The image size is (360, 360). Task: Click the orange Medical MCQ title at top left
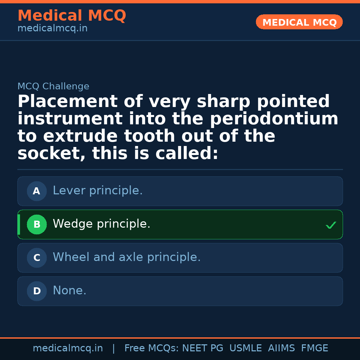coord(72,16)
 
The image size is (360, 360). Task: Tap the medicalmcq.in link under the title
coord(52,29)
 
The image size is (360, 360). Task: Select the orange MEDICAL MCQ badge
coord(299,22)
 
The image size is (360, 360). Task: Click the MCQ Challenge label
coord(53,87)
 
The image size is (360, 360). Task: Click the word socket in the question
coord(51,154)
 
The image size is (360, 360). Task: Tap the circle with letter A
coord(37,191)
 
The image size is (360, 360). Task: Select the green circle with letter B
coord(37,225)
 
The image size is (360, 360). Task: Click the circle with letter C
coord(37,258)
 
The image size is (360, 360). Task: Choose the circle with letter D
coord(37,291)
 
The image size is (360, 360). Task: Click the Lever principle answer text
coord(98,191)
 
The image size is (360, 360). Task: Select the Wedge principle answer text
coord(102,224)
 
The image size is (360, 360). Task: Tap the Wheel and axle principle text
coord(127,257)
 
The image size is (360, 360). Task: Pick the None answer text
coord(69,291)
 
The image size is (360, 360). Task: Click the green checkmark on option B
coord(331,225)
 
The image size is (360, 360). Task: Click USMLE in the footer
coord(245,348)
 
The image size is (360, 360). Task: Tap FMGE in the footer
coord(314,348)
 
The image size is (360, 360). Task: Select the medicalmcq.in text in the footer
coord(68,348)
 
